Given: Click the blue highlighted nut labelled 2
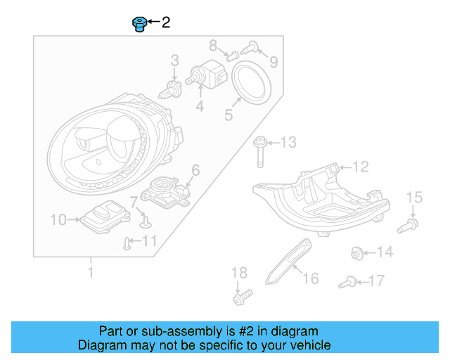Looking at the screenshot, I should tap(139, 25).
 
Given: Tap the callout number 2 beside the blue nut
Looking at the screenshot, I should tap(165, 23).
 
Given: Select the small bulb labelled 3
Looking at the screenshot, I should tap(170, 89).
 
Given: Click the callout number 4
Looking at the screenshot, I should tap(200, 107).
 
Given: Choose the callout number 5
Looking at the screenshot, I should tap(229, 114).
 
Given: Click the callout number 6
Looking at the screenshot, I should tap(195, 169).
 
